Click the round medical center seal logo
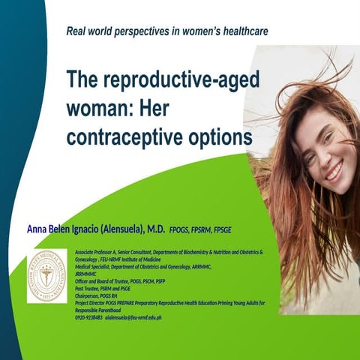point(46,277)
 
